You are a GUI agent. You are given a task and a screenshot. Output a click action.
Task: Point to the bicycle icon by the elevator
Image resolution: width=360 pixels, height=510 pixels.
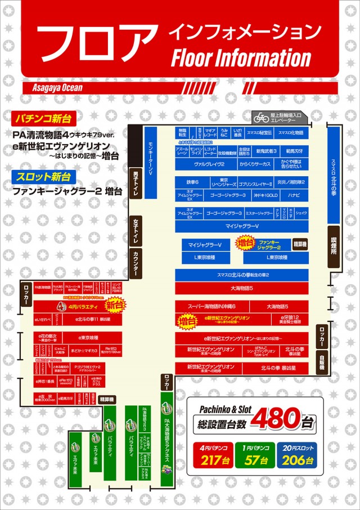coord(261,118)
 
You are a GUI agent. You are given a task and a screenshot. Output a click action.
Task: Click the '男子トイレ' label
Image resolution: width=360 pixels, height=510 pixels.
coord(136,182)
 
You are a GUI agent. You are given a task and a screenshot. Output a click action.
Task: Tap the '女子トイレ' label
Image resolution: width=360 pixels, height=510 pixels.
coord(136,231)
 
